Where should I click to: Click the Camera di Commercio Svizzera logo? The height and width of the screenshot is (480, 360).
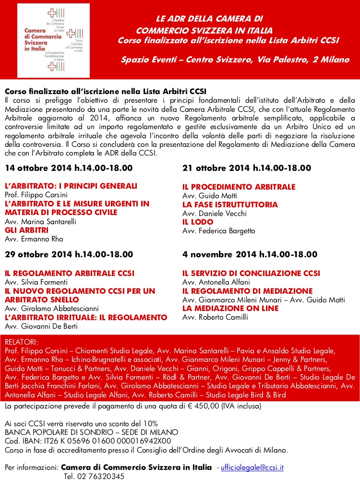pyautogui.click(x=54, y=40)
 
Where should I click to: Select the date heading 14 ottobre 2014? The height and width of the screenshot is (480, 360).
pyautogui.click(x=69, y=168)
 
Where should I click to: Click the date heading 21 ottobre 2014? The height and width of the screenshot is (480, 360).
pyautogui.click(x=247, y=168)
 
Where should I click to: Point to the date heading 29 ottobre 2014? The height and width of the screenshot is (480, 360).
pyautogui.click(x=69, y=254)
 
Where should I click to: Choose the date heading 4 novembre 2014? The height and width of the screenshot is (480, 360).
pyautogui.click(x=250, y=254)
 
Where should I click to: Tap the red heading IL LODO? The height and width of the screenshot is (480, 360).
pyautogui.click(x=195, y=222)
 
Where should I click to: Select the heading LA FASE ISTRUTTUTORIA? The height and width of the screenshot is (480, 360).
pyautogui.click(x=230, y=204)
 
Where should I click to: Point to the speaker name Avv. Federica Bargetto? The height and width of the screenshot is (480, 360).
pyautogui.click(x=219, y=231)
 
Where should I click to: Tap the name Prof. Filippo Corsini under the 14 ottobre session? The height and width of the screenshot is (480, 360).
pyautogui.click(x=36, y=195)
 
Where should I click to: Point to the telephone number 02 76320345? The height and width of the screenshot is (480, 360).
pyautogui.click(x=94, y=476)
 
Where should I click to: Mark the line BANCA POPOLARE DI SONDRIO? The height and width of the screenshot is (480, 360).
pyautogui.click(x=91, y=432)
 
